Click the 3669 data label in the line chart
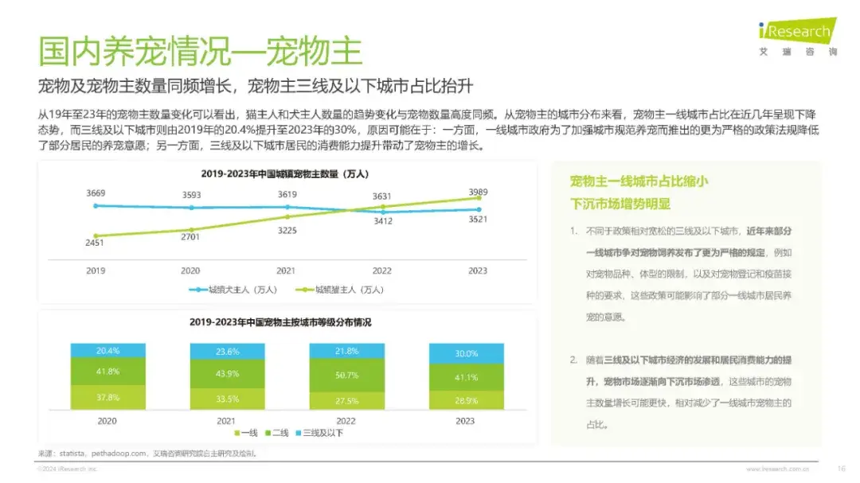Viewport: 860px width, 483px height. [96, 193]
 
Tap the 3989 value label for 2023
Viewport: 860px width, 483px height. [478, 192]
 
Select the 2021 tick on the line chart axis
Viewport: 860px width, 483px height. [287, 271]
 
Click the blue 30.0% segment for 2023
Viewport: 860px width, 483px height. [466, 353]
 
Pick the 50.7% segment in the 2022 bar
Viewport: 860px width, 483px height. [346, 375]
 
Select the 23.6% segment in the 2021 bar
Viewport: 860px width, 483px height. [227, 352]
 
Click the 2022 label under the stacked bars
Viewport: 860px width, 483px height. [346, 421]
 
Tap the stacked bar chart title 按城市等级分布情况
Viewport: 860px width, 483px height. [280, 322]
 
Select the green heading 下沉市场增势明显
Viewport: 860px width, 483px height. [620, 204]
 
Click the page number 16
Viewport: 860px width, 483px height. [841, 468]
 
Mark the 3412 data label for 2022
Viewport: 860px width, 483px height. [382, 221]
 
